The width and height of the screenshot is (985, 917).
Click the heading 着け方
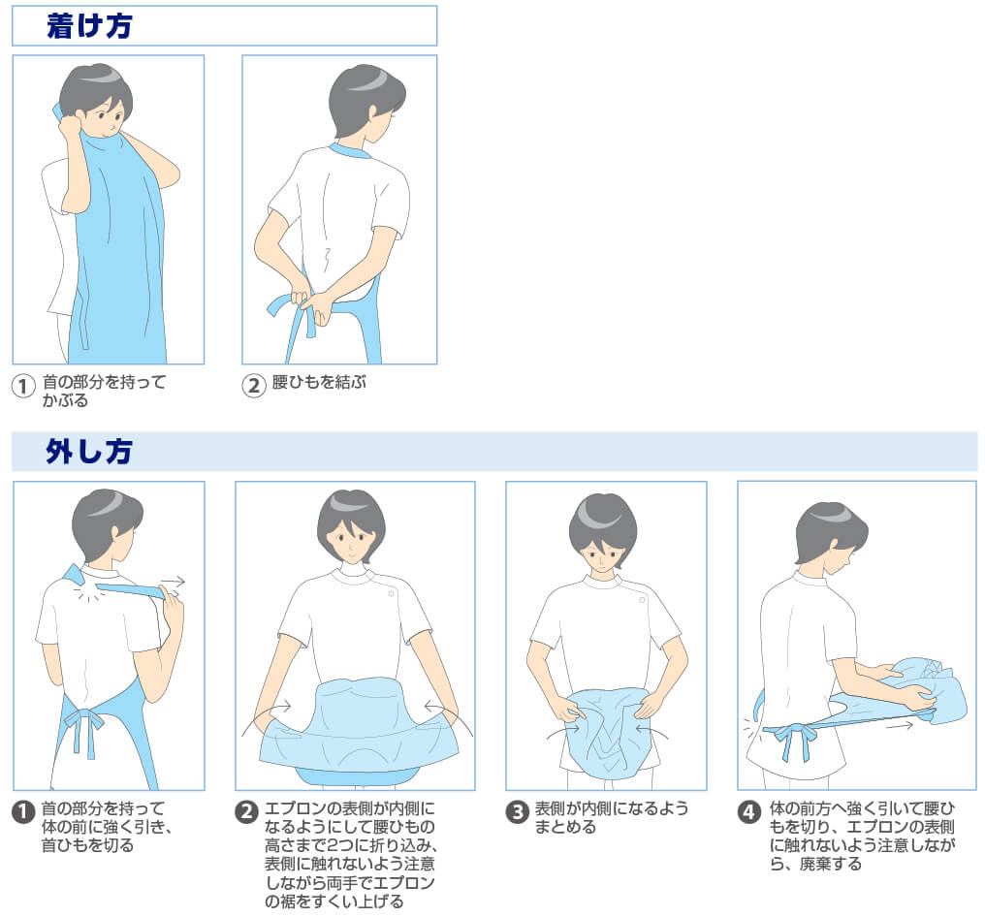coord(89,26)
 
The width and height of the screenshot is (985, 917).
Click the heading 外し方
coord(88,451)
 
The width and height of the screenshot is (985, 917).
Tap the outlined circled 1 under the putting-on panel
coord(23,386)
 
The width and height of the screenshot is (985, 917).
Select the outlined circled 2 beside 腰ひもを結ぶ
coord(254,385)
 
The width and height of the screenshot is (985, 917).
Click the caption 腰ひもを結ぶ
coord(319,382)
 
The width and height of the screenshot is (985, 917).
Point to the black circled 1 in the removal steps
coord(23,810)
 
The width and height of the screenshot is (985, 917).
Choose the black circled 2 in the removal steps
coord(246,811)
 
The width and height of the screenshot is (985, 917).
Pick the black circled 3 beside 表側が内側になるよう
coord(517,811)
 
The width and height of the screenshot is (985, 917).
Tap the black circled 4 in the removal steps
coord(748,811)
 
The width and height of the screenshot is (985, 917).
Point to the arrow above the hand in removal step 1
coord(173,581)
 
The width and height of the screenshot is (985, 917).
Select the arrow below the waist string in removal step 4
coord(900,725)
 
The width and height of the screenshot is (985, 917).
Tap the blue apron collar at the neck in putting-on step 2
coord(349,151)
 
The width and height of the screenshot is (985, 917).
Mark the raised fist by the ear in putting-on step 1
coord(70,129)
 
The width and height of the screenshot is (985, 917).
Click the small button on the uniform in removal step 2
coord(391,593)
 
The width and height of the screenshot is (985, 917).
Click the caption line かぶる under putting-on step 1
coord(65,400)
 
